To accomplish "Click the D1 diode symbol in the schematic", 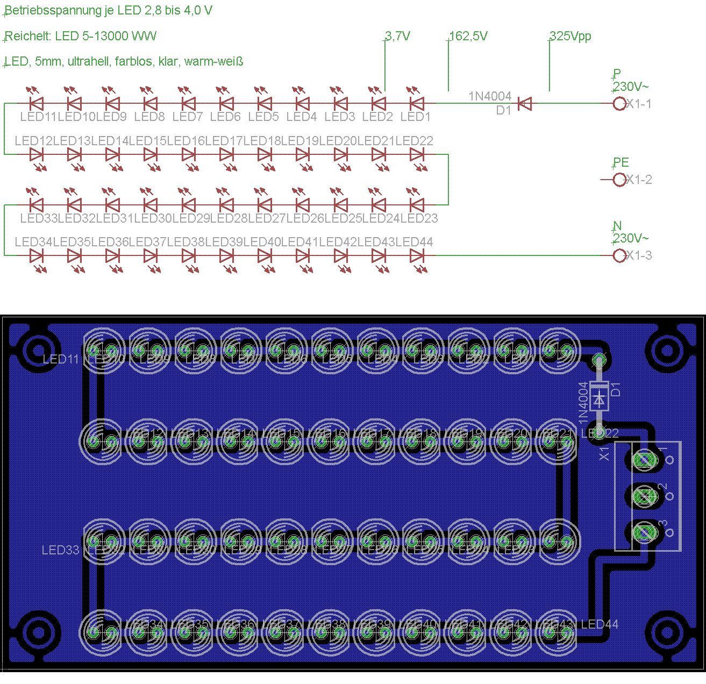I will click(x=524, y=104).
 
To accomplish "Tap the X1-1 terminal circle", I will click(x=619, y=104).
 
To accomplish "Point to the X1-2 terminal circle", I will click(x=619, y=180).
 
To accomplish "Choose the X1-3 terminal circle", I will click(x=619, y=255).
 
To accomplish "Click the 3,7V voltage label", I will click(x=398, y=36).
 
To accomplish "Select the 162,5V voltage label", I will click(x=468, y=36).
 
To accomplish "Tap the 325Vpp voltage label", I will click(x=570, y=36).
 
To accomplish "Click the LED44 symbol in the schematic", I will click(x=416, y=256).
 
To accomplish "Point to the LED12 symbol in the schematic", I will click(x=37, y=154).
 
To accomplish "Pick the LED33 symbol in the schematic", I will click(x=37, y=205).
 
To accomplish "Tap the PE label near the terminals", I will click(x=621, y=162).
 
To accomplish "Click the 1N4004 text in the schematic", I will click(x=490, y=96).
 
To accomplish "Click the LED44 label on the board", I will click(x=600, y=624).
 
